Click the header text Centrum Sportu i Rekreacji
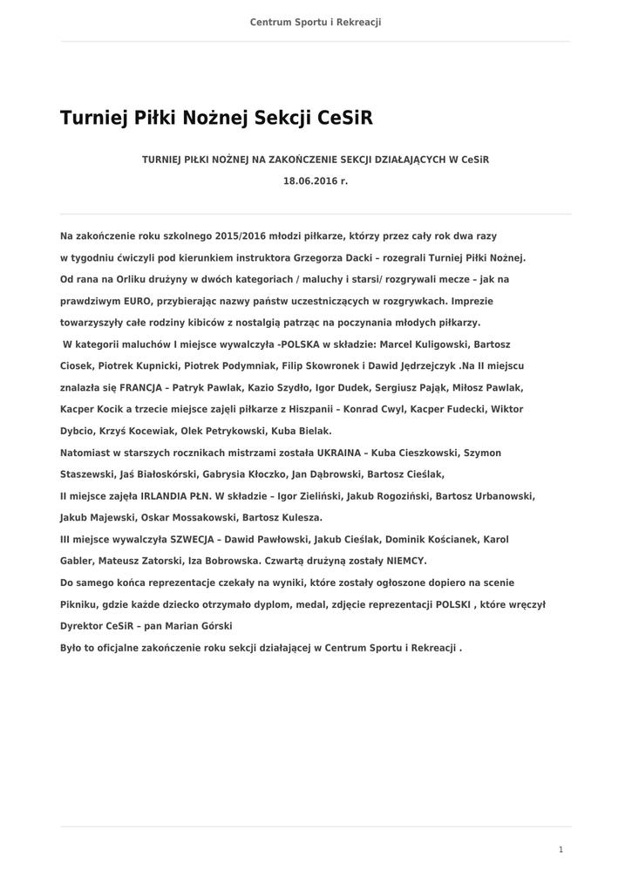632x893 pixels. pos(316,22)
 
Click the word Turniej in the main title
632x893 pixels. pos(91,119)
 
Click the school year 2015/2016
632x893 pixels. pos(250,236)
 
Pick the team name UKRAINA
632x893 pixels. pos(335,453)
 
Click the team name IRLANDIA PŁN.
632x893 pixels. pos(160,495)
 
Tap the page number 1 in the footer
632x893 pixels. pos(561,849)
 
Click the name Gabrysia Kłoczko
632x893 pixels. pos(241,474)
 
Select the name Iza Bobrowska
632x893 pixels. pos(215,561)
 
